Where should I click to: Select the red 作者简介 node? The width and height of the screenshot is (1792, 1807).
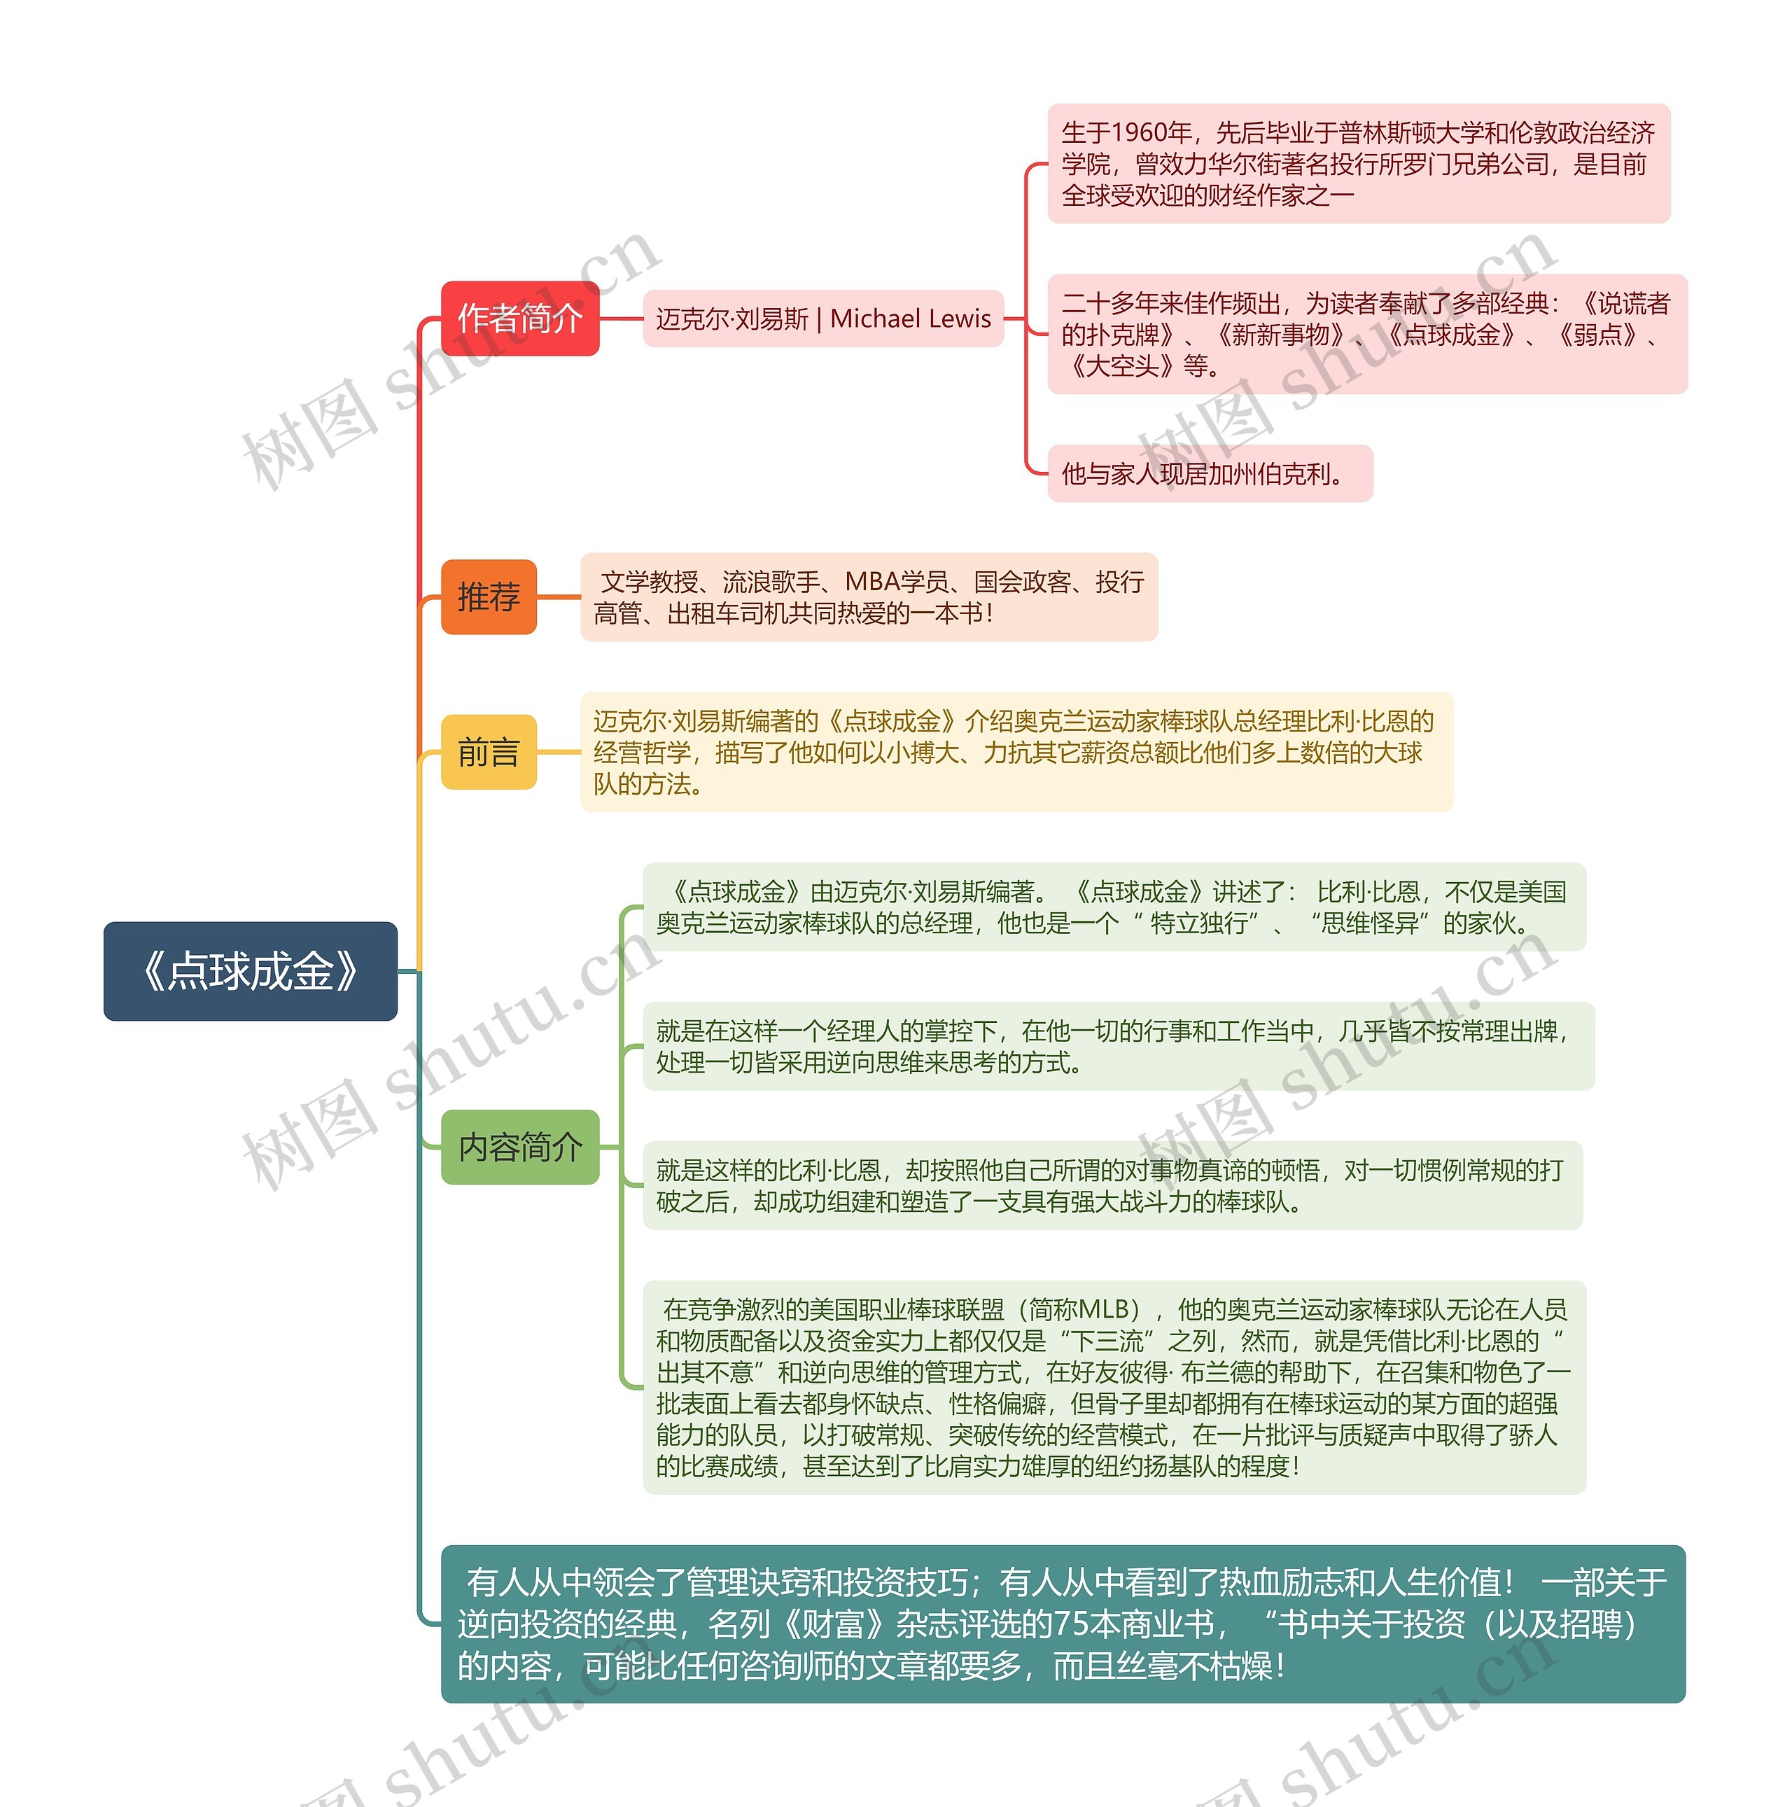(x=519, y=318)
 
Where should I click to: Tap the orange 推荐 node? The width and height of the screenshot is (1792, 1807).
(x=488, y=596)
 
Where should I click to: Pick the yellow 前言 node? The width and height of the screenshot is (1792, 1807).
(x=488, y=752)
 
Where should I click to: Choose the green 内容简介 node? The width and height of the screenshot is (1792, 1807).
(x=519, y=1147)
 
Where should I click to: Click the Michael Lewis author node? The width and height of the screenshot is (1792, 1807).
(x=823, y=319)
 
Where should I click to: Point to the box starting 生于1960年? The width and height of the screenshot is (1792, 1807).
(x=1358, y=164)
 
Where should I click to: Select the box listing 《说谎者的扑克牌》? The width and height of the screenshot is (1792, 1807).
(x=1366, y=334)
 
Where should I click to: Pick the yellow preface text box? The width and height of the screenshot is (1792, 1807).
(x=1016, y=752)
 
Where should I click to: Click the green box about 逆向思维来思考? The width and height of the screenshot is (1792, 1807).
(x=1118, y=1047)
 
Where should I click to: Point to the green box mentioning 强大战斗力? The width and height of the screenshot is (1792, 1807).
(x=1112, y=1185)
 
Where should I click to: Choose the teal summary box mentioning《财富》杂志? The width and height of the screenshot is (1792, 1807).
(x=1063, y=1624)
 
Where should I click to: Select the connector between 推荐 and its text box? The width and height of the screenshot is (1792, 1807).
(x=559, y=596)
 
